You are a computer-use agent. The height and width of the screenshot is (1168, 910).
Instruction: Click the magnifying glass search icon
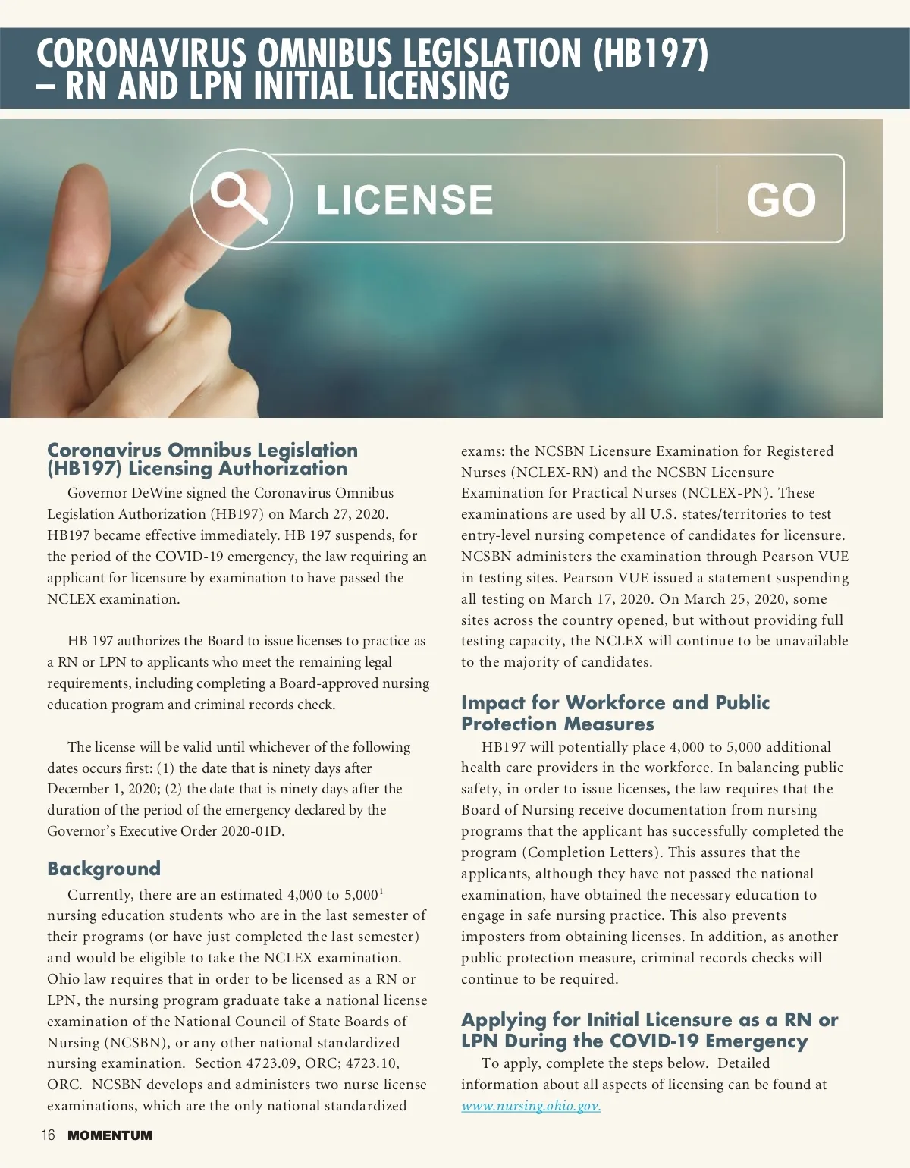click(x=238, y=199)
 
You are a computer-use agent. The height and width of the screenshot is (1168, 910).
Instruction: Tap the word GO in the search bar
click(x=780, y=200)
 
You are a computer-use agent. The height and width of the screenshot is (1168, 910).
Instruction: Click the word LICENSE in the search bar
click(x=404, y=200)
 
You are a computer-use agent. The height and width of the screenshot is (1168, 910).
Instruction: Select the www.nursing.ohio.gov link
click(x=531, y=1106)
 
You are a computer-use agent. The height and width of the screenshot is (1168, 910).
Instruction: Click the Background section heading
click(x=104, y=868)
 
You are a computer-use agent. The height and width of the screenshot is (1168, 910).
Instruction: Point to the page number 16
click(x=49, y=1135)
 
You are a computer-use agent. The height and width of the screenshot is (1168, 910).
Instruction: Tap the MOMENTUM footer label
click(x=110, y=1135)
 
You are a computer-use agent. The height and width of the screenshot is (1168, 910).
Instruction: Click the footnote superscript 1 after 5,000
click(x=381, y=890)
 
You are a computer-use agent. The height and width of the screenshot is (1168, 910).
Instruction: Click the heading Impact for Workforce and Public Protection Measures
click(x=615, y=713)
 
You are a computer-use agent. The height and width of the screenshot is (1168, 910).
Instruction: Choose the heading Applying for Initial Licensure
click(x=649, y=1030)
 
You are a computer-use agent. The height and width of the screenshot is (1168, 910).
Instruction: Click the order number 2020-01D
click(x=253, y=831)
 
